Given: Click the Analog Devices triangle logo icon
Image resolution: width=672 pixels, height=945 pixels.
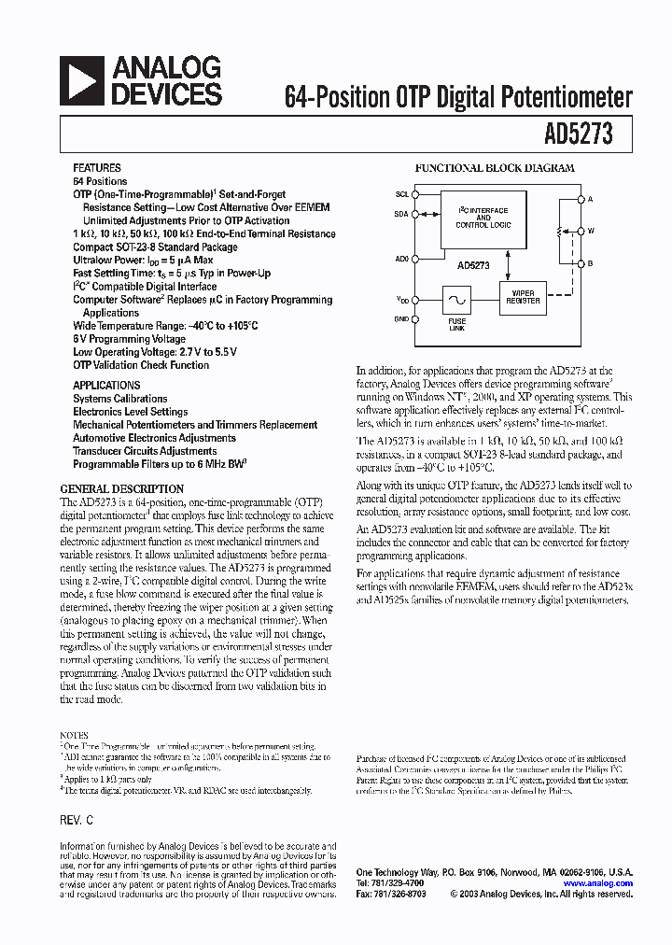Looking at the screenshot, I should [x=83, y=80].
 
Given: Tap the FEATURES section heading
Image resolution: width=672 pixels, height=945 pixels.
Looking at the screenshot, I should [x=97, y=168].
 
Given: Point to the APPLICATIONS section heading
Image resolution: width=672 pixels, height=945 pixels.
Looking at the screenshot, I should [x=106, y=385].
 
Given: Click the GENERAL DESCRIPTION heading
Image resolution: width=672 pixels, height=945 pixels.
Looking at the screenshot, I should [x=121, y=488].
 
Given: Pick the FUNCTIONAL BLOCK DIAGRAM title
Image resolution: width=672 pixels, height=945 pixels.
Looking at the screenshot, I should [x=495, y=168].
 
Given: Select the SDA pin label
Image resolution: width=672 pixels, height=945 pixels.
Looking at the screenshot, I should [x=401, y=214].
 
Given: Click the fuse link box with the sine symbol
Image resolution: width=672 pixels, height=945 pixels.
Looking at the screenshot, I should [x=457, y=300].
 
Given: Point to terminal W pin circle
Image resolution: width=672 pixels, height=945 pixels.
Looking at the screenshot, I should [x=580, y=231].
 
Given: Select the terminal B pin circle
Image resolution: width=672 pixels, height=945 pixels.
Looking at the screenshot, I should [x=580, y=263].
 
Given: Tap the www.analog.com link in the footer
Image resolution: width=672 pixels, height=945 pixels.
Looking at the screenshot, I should [x=598, y=882].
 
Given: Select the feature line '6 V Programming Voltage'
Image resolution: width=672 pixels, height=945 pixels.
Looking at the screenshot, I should [x=129, y=339].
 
